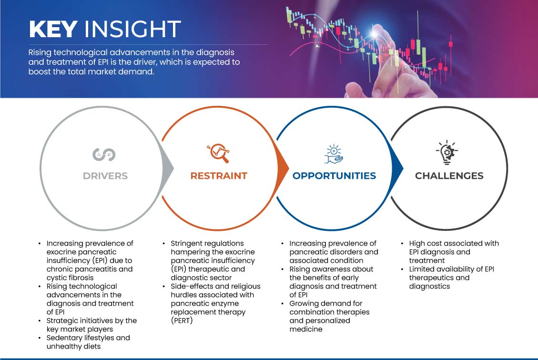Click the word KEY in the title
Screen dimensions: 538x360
(53, 29)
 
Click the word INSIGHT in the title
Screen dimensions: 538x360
(132, 29)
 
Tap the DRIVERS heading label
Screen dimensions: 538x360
(105, 176)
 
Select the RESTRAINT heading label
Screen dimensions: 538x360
(219, 176)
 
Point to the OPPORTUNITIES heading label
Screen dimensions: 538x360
(334, 176)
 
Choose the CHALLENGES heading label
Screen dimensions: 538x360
(449, 176)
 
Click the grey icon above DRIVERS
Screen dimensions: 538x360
(104, 154)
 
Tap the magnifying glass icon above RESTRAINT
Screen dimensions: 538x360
(218, 153)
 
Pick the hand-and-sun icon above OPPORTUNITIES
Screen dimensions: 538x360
(334, 154)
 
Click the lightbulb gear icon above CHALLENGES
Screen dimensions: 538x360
(447, 153)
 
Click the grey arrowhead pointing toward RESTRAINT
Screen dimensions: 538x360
(168, 168)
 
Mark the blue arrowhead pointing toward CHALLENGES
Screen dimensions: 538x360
(397, 168)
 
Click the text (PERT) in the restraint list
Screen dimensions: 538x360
(182, 320)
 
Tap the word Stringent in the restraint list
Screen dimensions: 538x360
(188, 244)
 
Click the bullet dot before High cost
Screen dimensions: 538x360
(402, 244)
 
